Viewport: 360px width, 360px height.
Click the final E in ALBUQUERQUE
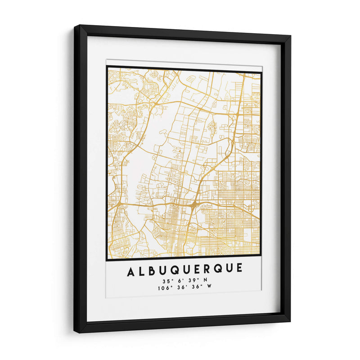(x=238, y=269)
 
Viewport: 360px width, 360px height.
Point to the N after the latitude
(x=206, y=280)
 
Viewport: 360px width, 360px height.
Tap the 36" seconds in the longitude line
(x=193, y=288)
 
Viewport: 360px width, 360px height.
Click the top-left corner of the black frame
(x=75, y=26)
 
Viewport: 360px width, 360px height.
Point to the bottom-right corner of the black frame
(x=289, y=321)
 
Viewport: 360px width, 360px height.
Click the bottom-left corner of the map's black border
(x=107, y=260)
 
